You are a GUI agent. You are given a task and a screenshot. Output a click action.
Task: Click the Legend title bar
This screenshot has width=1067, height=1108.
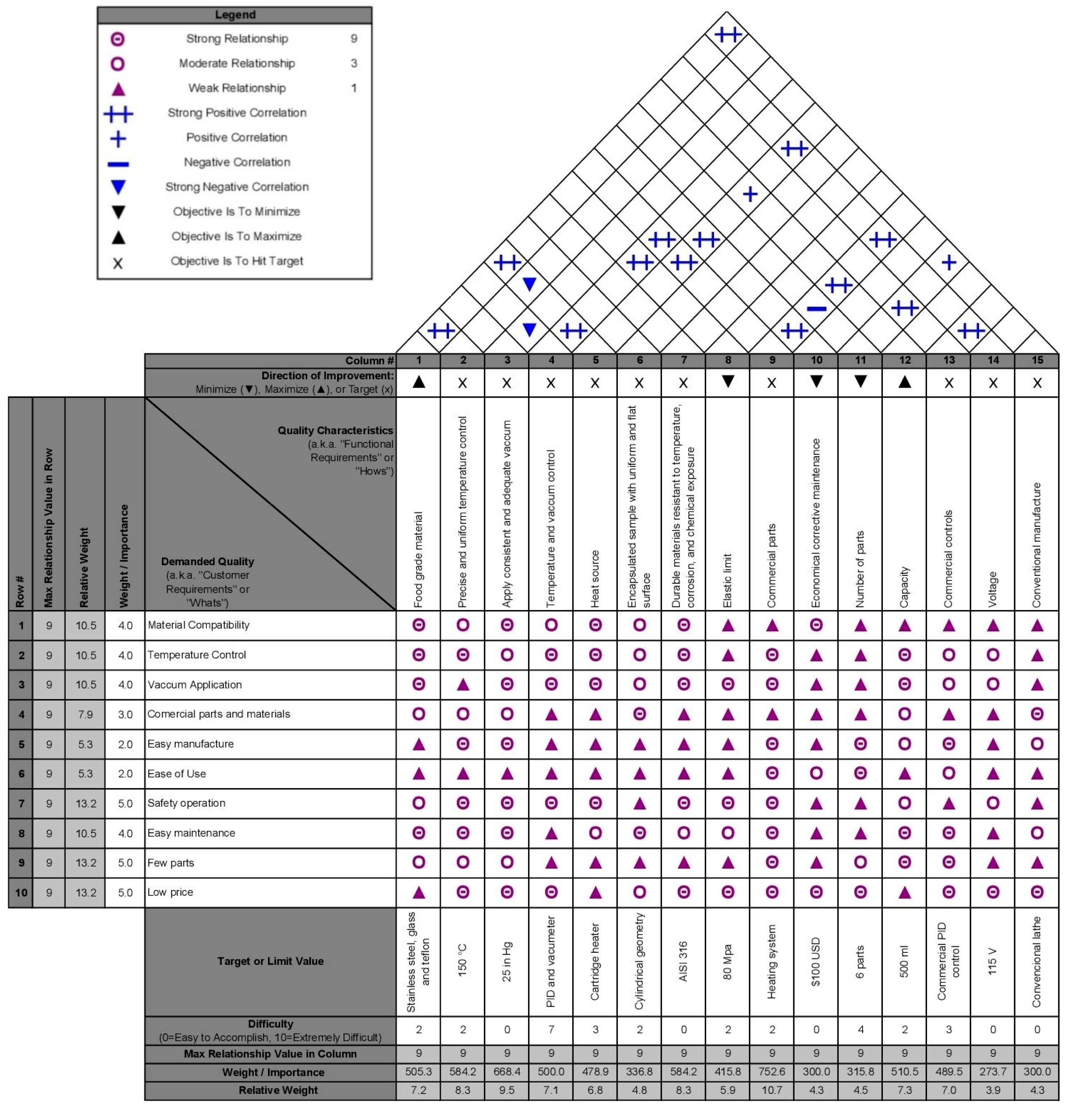click(235, 15)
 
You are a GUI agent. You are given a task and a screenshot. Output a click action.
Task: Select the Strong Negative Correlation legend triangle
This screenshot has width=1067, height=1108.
click(118, 187)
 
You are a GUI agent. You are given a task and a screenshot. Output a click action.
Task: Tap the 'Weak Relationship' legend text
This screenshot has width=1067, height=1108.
click(237, 88)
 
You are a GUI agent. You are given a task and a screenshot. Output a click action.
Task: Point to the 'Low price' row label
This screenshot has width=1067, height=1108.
click(170, 892)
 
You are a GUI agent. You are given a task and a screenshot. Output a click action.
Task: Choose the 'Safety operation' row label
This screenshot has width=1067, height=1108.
click(186, 803)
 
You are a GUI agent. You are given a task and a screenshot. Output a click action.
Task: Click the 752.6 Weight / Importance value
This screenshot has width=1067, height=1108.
click(772, 1072)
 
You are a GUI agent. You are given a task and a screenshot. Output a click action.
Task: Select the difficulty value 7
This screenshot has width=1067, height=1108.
click(551, 1030)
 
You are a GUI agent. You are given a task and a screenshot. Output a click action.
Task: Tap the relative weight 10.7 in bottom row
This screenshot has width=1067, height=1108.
click(772, 1090)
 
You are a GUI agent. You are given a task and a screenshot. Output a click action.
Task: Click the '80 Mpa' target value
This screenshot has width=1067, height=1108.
click(728, 961)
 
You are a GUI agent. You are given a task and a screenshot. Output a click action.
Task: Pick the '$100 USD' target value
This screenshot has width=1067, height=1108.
click(816, 961)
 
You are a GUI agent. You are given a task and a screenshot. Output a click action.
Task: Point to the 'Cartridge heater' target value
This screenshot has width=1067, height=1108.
click(595, 961)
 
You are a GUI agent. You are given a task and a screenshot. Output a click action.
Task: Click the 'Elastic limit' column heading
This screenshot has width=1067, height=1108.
click(728, 580)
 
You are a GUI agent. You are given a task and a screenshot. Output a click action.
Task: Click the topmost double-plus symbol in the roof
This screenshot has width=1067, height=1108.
click(728, 35)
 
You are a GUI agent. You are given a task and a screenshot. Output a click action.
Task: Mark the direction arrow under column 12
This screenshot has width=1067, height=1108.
click(905, 382)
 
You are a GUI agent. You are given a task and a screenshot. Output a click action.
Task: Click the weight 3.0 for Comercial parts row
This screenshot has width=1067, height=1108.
click(125, 715)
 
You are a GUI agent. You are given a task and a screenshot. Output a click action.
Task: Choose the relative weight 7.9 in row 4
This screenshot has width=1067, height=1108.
click(85, 715)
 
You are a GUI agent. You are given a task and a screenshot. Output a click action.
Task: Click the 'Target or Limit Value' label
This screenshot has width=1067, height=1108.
click(270, 961)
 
